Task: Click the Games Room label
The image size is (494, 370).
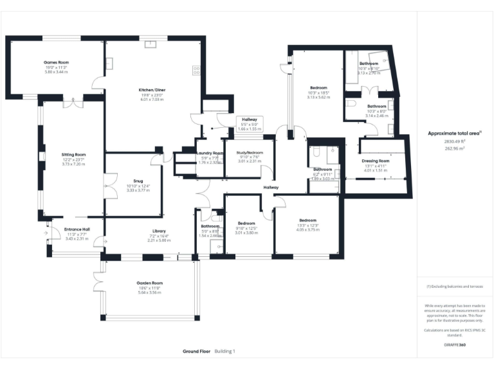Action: pos(56,62)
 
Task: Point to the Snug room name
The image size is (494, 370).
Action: pos(138,181)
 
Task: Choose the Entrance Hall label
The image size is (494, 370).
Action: pos(77,229)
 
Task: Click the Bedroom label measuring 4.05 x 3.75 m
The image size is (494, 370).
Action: pos(308,220)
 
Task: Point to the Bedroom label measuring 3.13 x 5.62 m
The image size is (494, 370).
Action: pos(319,87)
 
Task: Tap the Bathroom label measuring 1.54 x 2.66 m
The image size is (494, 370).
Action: pos(210,226)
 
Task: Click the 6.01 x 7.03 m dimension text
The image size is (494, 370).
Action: pos(152,100)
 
